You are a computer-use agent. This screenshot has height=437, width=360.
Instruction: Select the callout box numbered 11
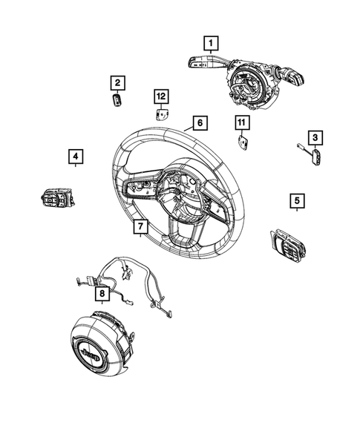click(241, 121)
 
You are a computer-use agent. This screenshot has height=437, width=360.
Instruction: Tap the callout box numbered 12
click(161, 95)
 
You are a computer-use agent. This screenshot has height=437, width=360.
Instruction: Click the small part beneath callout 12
click(161, 114)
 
